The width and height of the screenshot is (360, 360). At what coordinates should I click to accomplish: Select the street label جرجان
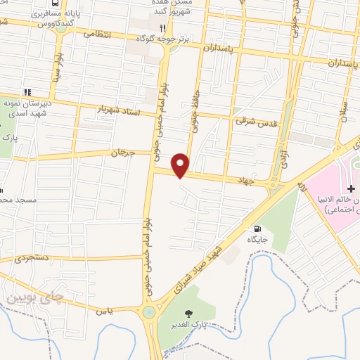[122, 152]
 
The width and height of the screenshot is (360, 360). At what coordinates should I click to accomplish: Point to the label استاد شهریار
[119, 111]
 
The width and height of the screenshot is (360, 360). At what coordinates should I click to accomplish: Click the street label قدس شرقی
[252, 121]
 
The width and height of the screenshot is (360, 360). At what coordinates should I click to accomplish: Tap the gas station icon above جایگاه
[258, 229]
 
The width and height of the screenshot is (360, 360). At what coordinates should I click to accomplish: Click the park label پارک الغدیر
[187, 325]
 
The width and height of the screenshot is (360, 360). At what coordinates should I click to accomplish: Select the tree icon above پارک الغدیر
[188, 313]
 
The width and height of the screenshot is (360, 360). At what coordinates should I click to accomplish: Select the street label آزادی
[284, 157]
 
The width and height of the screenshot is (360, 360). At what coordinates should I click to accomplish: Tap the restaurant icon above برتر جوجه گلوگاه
[162, 28]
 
